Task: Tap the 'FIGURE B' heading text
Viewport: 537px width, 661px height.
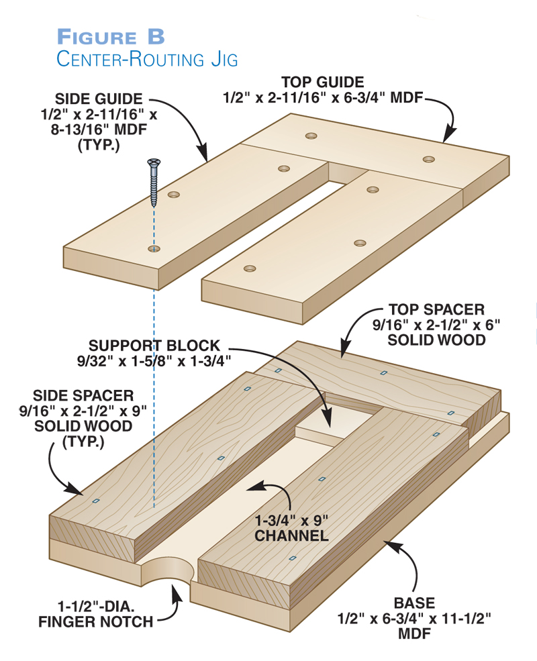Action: pyautogui.click(x=111, y=36)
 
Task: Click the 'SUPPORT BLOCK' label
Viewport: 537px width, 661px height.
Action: pyautogui.click(x=154, y=346)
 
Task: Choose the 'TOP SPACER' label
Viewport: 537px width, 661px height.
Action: pyautogui.click(x=436, y=310)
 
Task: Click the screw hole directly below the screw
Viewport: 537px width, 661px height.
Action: pyautogui.click(x=154, y=249)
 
